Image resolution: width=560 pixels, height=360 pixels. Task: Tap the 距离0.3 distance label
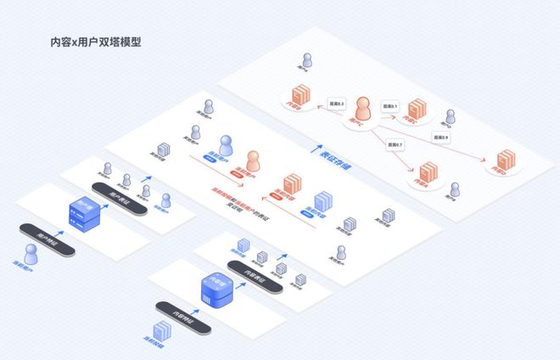(336, 104)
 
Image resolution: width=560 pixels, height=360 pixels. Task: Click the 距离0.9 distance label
(441, 136)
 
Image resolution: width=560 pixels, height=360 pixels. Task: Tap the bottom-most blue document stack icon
(159, 334)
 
